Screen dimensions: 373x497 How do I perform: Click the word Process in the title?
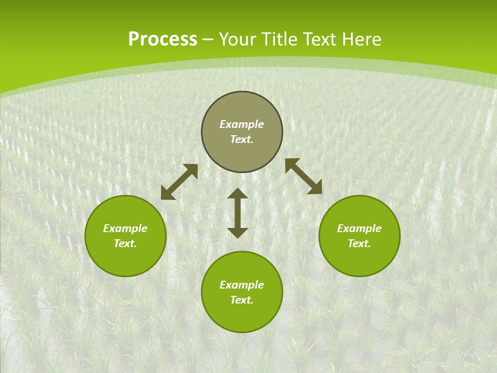[x=163, y=39]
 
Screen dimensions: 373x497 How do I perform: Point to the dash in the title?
[x=208, y=40]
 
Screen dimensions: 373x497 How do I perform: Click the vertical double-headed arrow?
[x=238, y=213]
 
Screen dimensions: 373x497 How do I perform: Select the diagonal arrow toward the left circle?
[x=179, y=182]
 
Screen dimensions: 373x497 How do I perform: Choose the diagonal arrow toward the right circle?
[x=303, y=176]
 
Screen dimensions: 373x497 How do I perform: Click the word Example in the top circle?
[x=242, y=124]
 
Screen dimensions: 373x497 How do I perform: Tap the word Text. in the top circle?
[x=242, y=139]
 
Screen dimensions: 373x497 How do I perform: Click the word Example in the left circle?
[x=125, y=228]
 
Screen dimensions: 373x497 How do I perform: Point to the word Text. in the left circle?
[x=125, y=243]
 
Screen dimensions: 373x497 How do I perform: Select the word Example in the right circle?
[x=359, y=228]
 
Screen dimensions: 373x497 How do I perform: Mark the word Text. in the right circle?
[x=359, y=243]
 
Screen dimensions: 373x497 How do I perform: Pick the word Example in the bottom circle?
[x=242, y=285]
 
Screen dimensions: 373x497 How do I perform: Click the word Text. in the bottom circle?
[x=242, y=300]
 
